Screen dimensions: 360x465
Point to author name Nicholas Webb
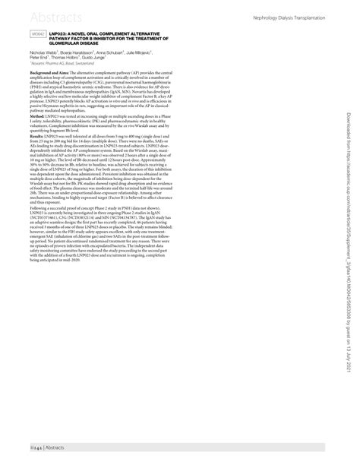pos(44,52)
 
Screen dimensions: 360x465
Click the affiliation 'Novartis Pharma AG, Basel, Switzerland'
pos(64,63)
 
